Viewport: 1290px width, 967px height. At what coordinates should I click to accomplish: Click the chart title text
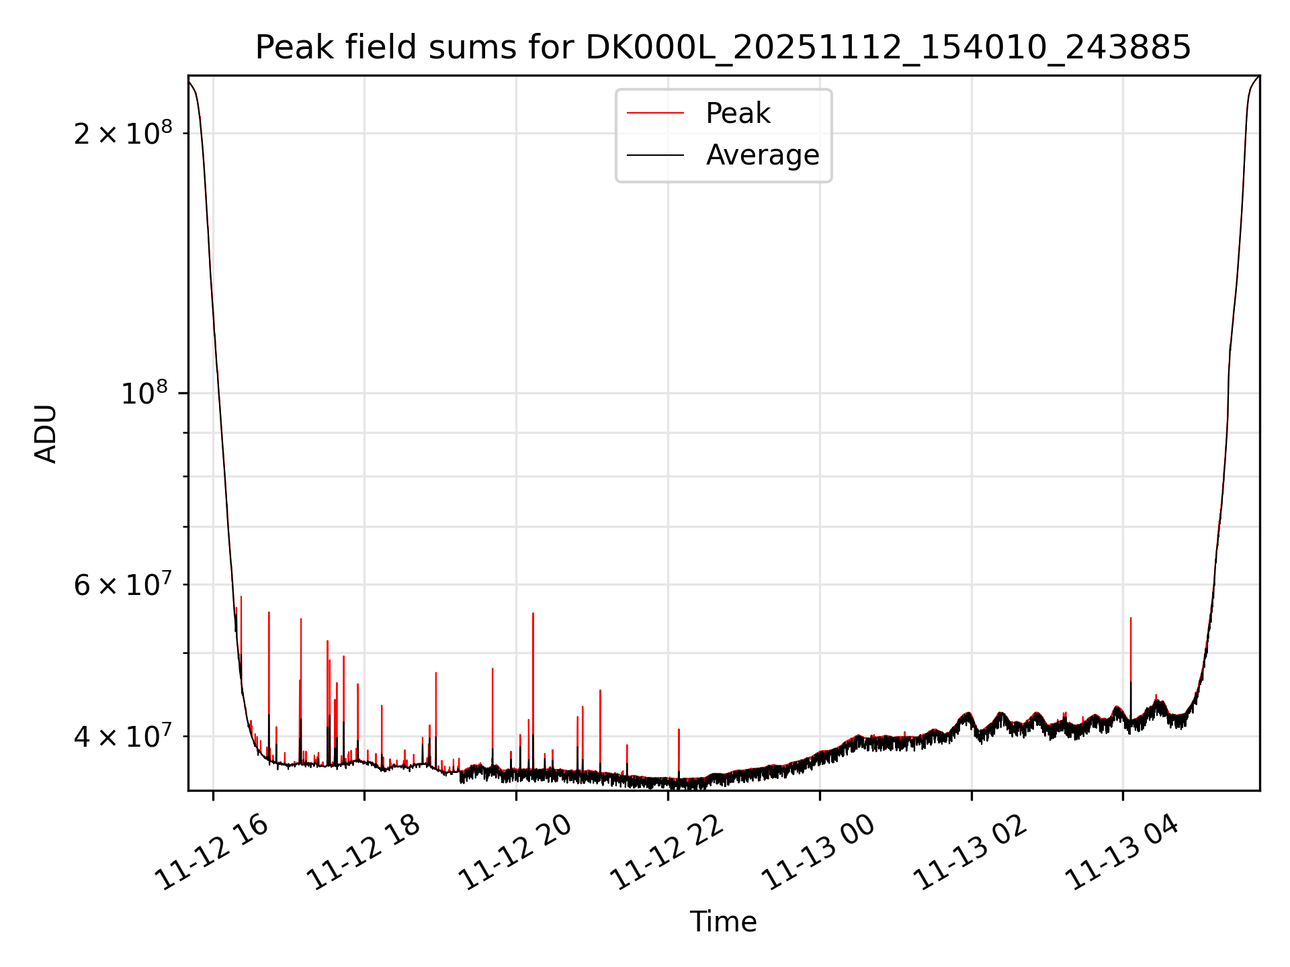tap(723, 48)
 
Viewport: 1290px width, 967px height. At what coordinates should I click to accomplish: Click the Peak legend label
tap(738, 113)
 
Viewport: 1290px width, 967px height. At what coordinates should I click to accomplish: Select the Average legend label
tap(762, 155)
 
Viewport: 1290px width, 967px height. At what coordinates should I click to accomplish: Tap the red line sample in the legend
tap(655, 113)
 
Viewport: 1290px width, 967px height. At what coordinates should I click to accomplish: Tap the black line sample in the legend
tap(655, 155)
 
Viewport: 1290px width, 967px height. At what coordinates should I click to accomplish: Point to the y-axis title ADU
tap(46, 433)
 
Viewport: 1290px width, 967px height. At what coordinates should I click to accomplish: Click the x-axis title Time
tap(723, 922)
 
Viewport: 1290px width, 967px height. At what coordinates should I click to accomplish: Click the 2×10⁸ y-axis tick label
tap(123, 134)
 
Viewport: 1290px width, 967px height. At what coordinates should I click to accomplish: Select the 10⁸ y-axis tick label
tap(144, 394)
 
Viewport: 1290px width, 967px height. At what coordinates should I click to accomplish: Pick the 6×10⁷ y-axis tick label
tap(123, 585)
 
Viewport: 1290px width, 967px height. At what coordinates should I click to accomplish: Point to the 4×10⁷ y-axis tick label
tap(123, 737)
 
